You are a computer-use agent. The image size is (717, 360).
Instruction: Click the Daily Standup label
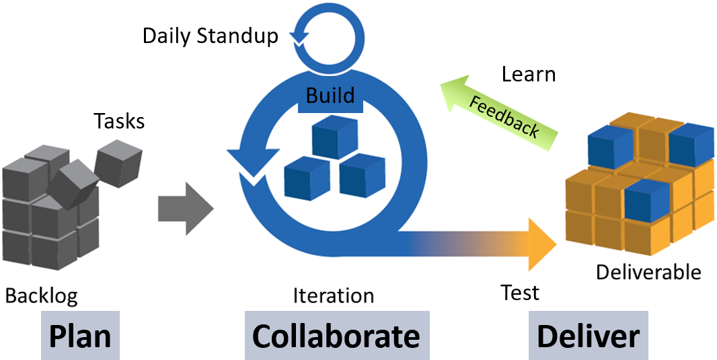[210, 36]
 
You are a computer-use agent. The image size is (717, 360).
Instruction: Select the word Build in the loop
[330, 96]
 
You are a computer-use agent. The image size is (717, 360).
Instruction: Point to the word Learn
[529, 74]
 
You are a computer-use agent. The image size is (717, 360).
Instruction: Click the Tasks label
[119, 121]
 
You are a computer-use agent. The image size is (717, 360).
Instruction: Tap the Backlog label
[42, 295]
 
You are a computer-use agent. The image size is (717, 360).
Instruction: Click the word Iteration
[333, 295]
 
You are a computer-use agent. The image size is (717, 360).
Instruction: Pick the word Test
[520, 293]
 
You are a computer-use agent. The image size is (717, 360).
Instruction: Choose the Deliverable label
[648, 273]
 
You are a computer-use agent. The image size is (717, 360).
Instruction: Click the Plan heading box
[80, 335]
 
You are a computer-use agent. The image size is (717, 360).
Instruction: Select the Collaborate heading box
[336, 335]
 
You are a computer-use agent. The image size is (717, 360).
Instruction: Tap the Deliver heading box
[589, 335]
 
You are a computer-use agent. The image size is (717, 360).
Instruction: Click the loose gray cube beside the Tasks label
[116, 161]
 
